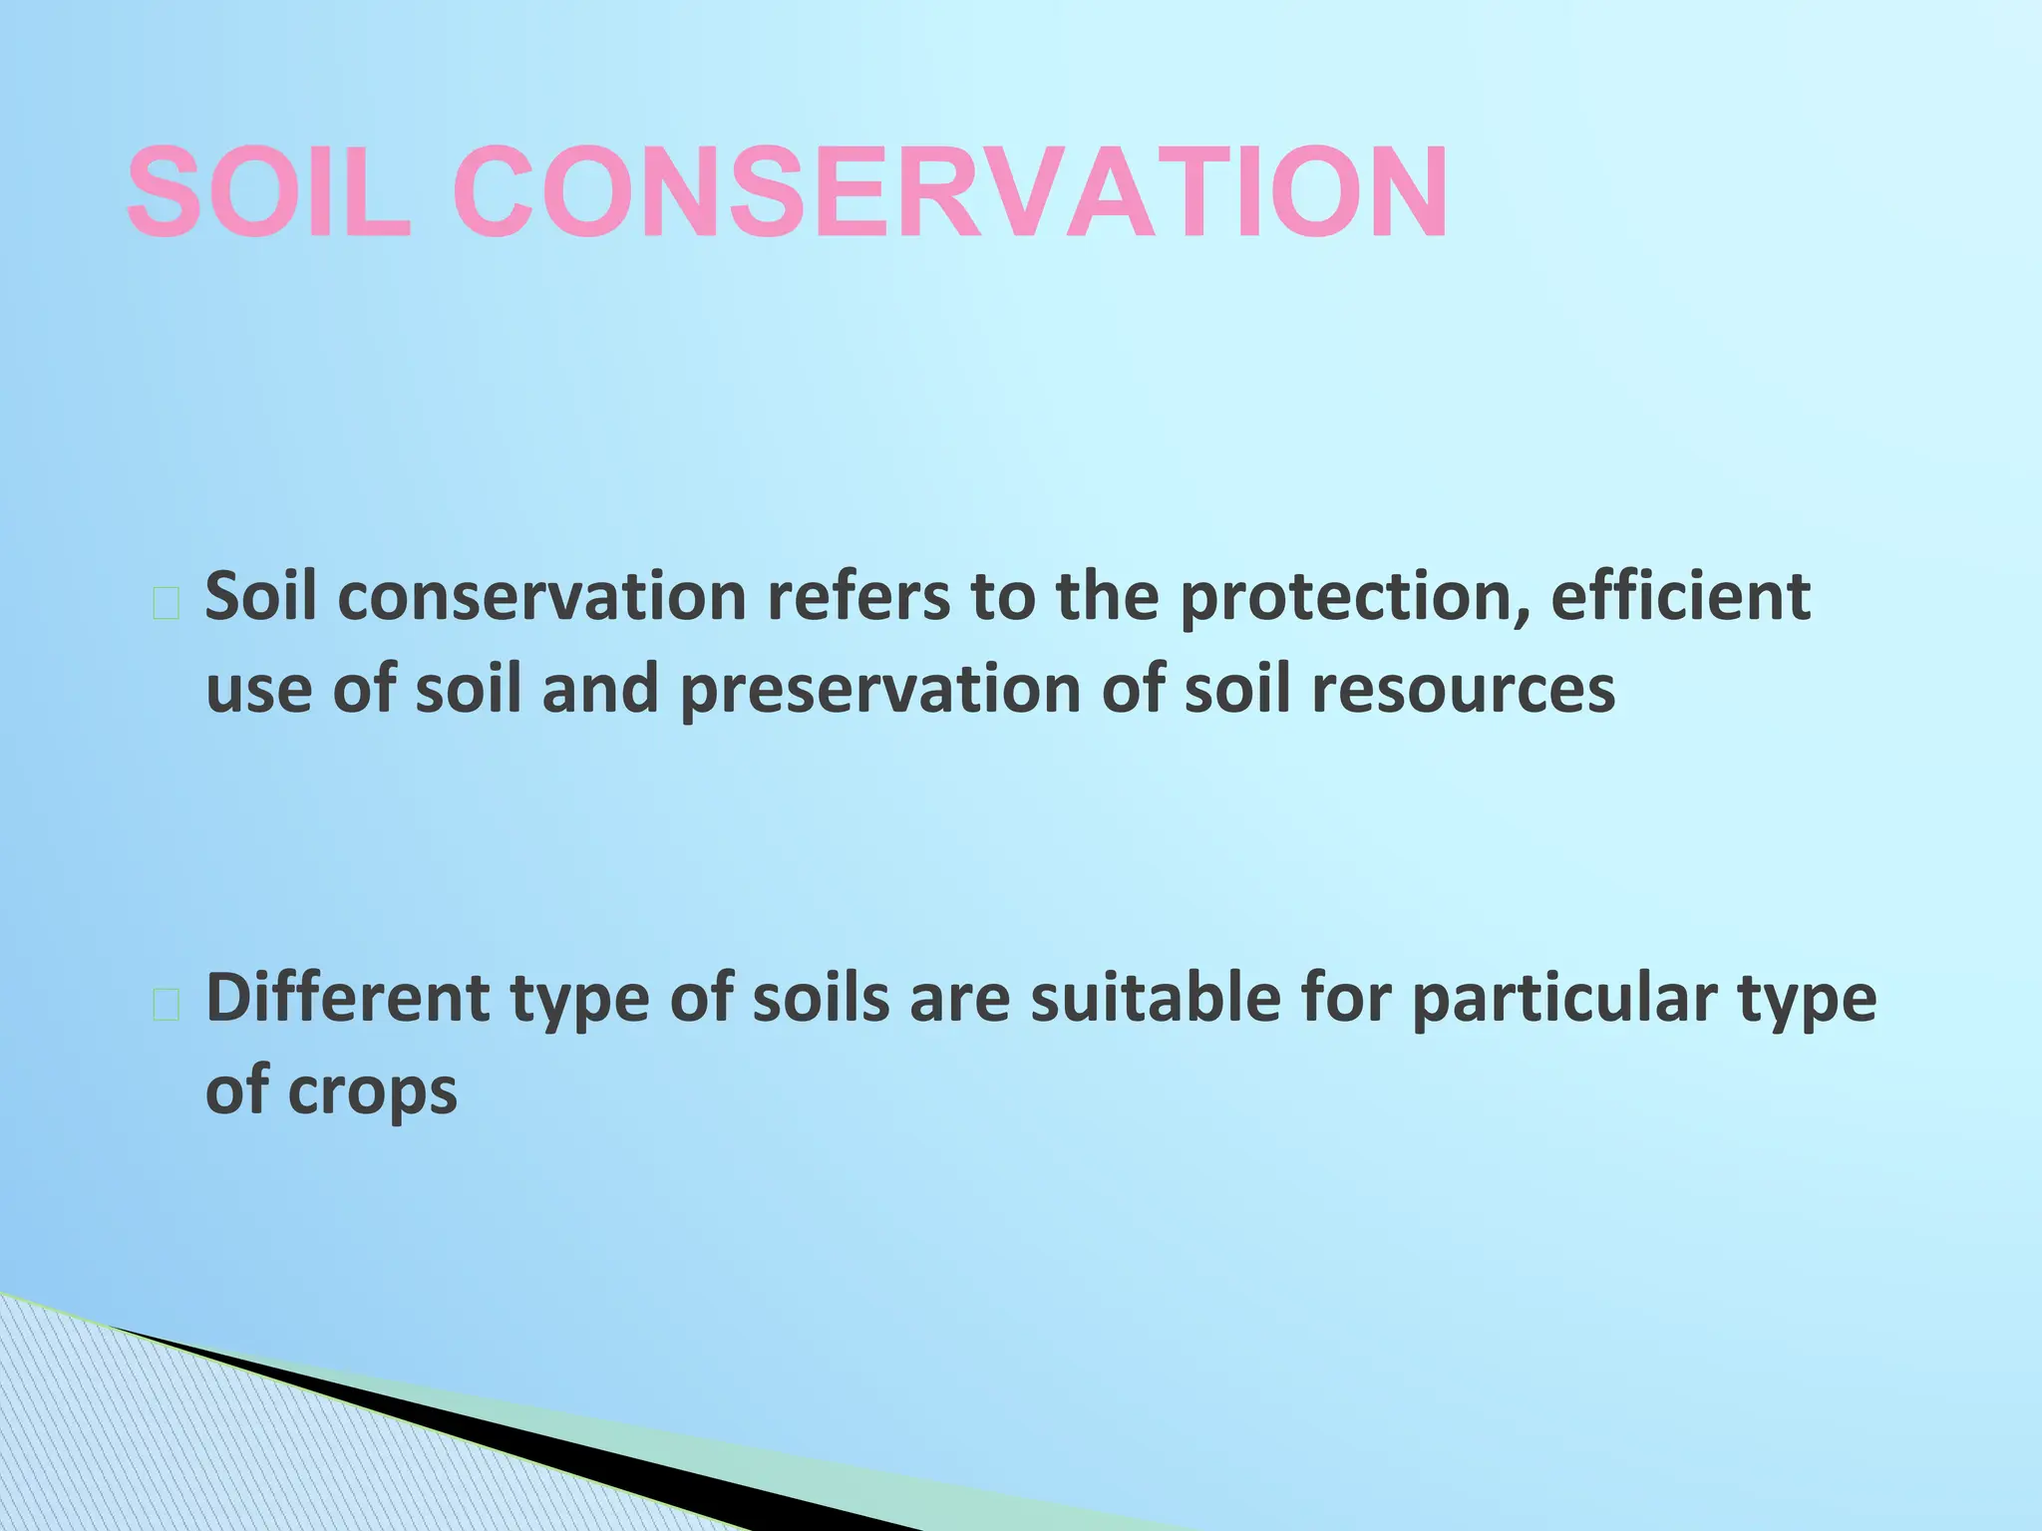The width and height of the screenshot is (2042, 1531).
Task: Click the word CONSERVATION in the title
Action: coord(955,191)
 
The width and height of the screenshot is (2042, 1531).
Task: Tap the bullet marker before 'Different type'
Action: coord(167,1006)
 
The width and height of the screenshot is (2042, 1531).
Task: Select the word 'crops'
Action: coord(372,1092)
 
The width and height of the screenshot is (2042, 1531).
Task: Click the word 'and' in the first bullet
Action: coord(599,691)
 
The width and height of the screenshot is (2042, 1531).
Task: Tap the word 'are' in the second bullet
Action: coord(960,999)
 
